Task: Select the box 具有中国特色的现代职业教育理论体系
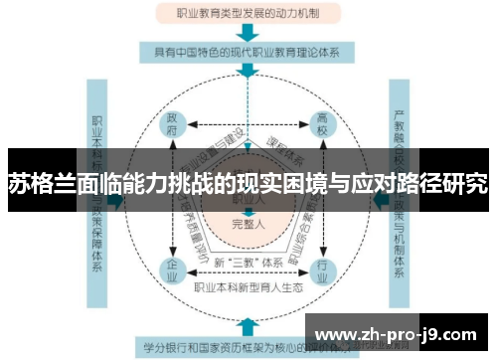click(x=247, y=50)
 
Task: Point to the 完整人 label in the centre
click(x=247, y=223)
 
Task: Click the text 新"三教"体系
click(x=244, y=262)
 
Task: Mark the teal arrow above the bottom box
click(x=247, y=326)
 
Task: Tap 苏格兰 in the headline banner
click(x=35, y=184)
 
